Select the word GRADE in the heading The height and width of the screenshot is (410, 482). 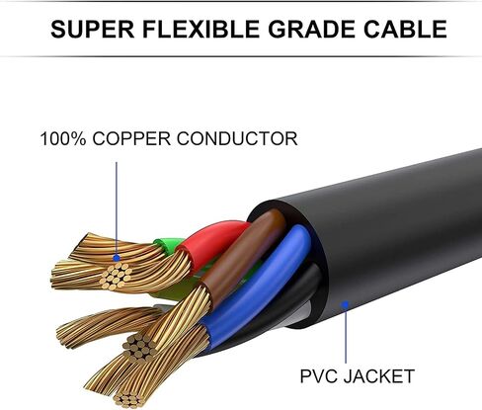coord(311,29)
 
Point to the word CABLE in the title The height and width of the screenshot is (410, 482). coord(405,29)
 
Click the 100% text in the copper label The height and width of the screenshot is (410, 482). coord(63,138)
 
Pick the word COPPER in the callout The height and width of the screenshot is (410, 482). coord(131,138)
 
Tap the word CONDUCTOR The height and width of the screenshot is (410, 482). coord(237,138)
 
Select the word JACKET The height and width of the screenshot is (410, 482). coord(379,376)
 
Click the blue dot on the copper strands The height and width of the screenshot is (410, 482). coord(117,258)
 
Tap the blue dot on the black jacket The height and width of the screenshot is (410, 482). coord(345,304)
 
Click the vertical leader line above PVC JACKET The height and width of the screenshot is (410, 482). coord(346,334)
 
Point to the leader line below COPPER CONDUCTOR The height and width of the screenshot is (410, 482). coord(117,208)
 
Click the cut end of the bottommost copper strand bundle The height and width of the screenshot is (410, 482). coord(128,399)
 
